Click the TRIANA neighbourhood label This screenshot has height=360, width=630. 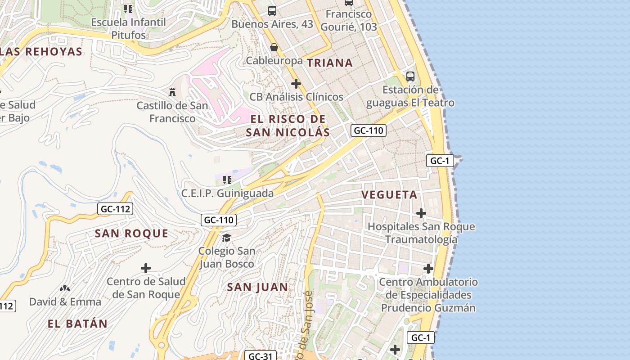(x=330, y=63)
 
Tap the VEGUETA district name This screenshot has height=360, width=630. (x=390, y=195)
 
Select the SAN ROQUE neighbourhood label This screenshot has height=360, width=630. (x=131, y=234)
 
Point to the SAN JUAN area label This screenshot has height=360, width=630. (x=257, y=287)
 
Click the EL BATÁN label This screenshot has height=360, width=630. (x=78, y=324)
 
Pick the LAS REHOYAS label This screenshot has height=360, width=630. (x=41, y=52)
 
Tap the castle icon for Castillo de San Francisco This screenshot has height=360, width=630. (x=172, y=92)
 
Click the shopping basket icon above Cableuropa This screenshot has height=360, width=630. (x=274, y=47)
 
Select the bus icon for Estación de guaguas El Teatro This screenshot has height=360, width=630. (x=410, y=76)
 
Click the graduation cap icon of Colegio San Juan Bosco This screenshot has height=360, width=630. (x=226, y=237)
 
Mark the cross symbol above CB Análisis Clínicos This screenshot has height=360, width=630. (x=296, y=84)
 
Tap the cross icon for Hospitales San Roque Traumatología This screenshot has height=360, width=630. (x=421, y=213)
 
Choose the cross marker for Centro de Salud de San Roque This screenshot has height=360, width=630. (x=146, y=268)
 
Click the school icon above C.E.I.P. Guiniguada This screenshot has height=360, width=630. (x=227, y=180)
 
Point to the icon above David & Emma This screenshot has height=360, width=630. (x=65, y=288)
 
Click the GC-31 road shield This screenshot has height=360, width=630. (x=260, y=356)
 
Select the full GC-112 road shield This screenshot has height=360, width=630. (x=115, y=209)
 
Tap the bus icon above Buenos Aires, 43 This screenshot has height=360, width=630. (x=272, y=10)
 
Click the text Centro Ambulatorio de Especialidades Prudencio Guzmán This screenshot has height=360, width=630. (x=428, y=295)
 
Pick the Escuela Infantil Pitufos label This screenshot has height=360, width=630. (x=129, y=28)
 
